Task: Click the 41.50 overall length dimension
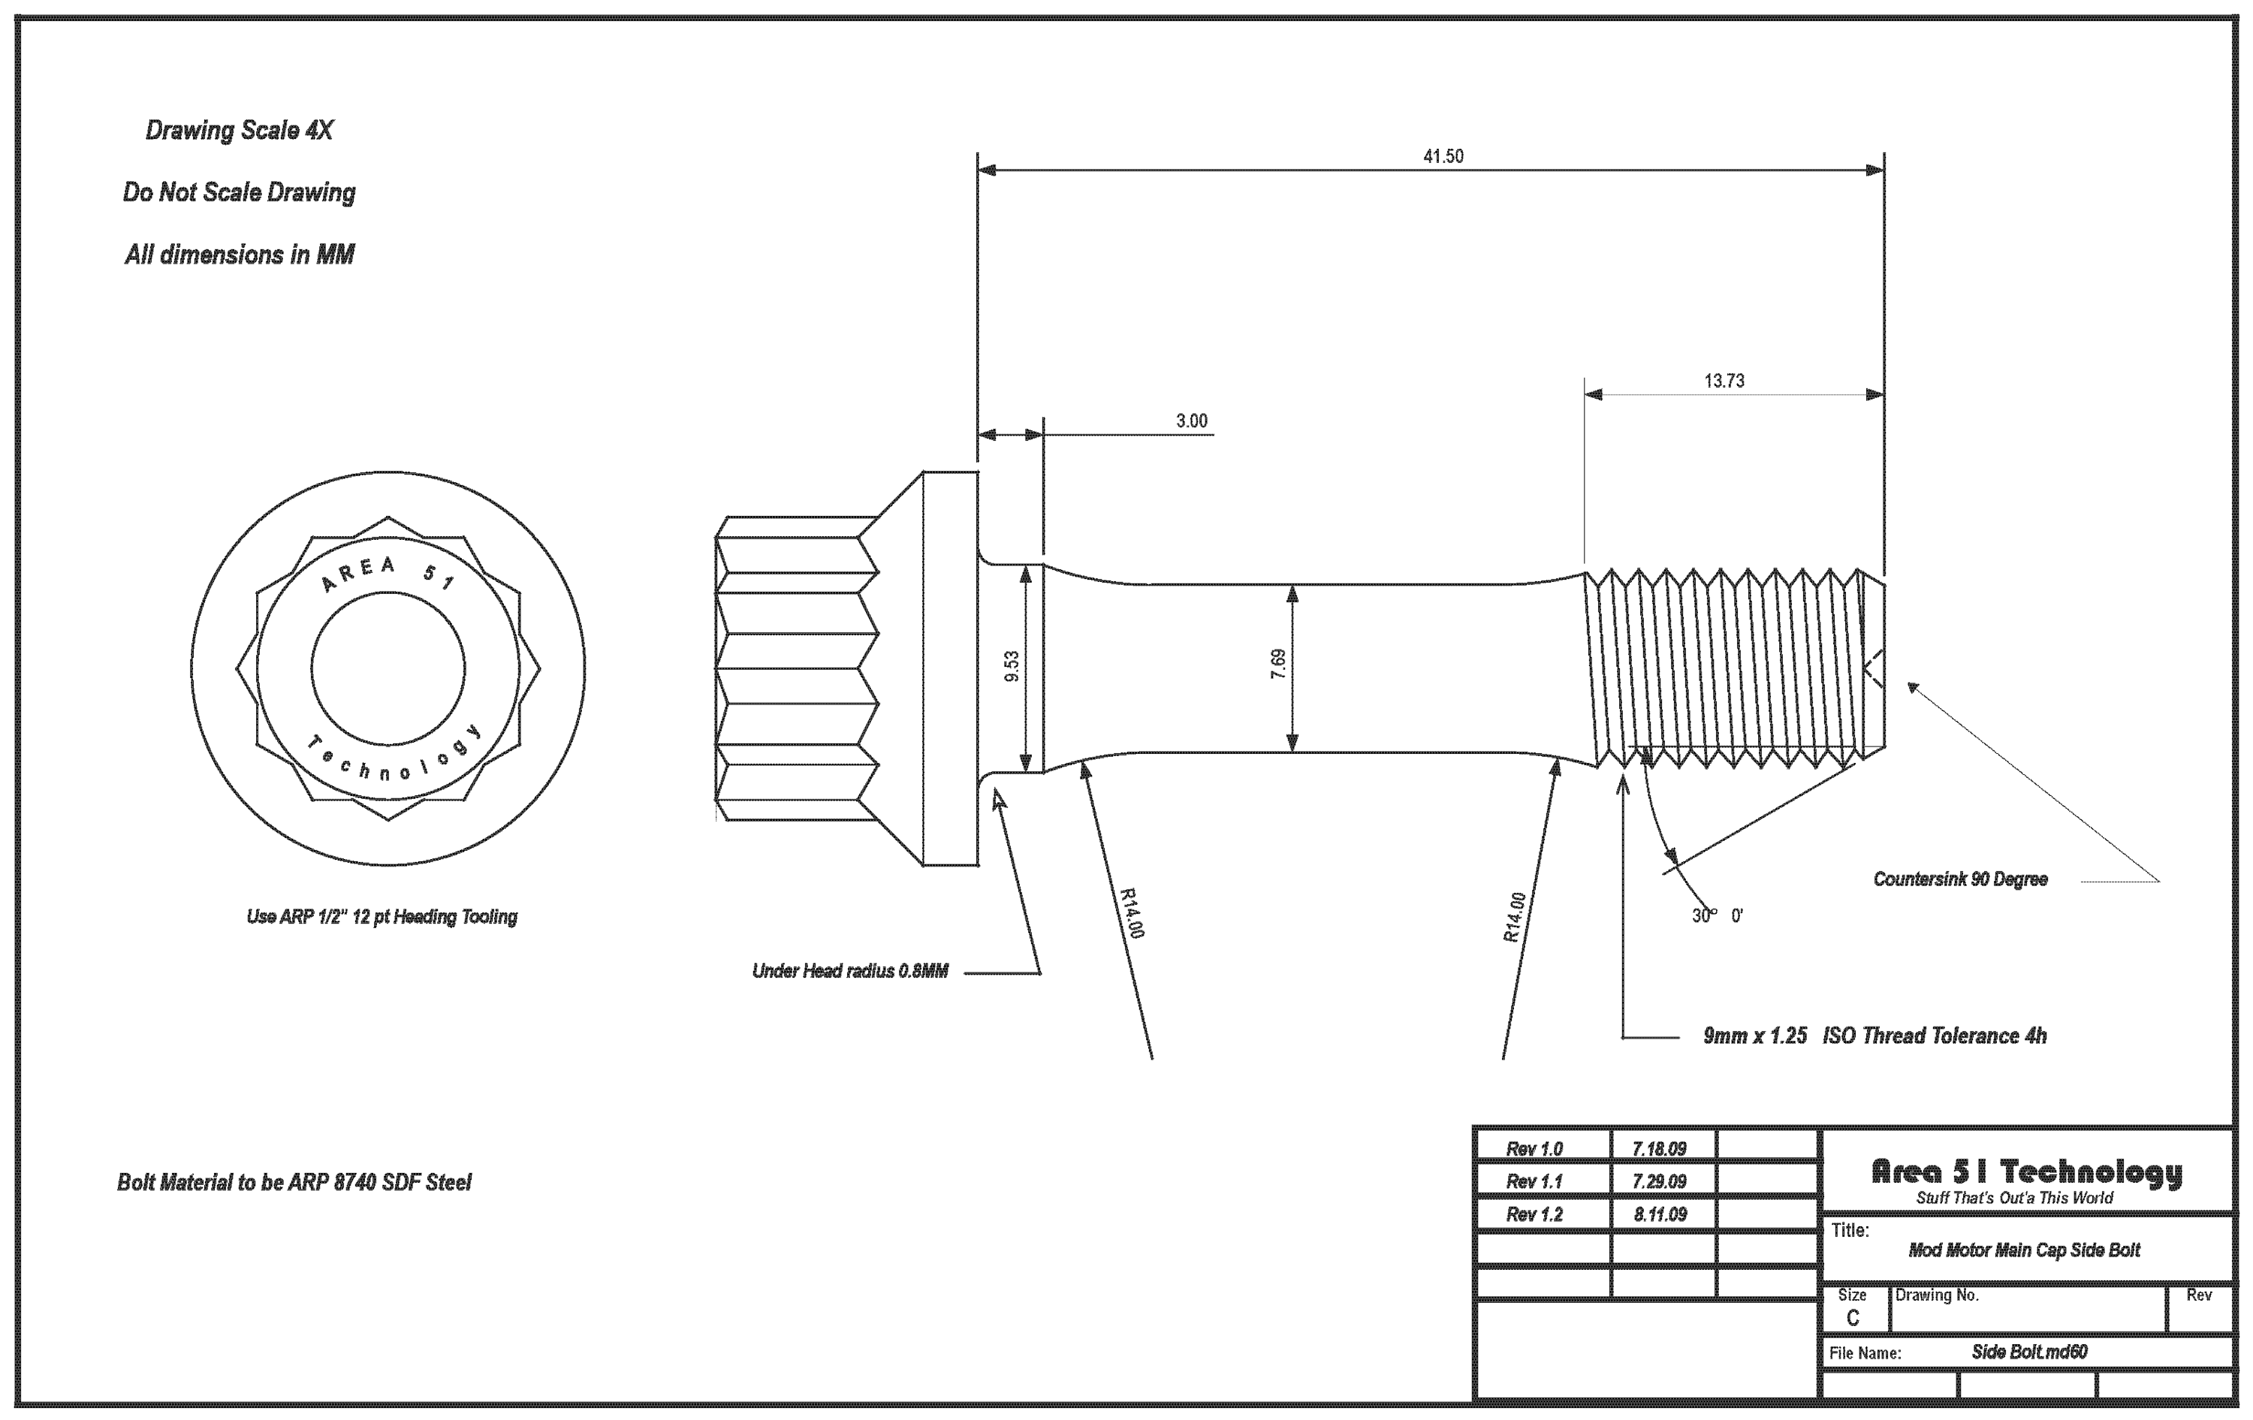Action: coord(1443,156)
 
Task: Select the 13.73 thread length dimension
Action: coord(1724,381)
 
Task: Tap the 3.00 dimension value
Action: coord(1191,421)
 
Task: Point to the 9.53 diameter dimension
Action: coord(1012,665)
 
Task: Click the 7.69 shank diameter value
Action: coord(1278,663)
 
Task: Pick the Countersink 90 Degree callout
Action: coord(1959,879)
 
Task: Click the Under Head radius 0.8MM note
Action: coord(849,971)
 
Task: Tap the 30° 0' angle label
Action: coord(1716,916)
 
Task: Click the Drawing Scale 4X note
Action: coord(239,130)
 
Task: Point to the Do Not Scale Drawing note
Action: coord(239,193)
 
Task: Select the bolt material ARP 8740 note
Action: coord(294,1183)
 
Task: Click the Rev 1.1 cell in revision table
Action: coord(1534,1181)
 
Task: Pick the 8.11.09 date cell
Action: coord(1660,1214)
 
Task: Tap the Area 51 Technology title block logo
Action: coord(2025,1172)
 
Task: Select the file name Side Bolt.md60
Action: coord(2028,1352)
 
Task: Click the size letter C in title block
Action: coord(1853,1318)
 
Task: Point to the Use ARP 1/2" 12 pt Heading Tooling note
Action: coord(381,917)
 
